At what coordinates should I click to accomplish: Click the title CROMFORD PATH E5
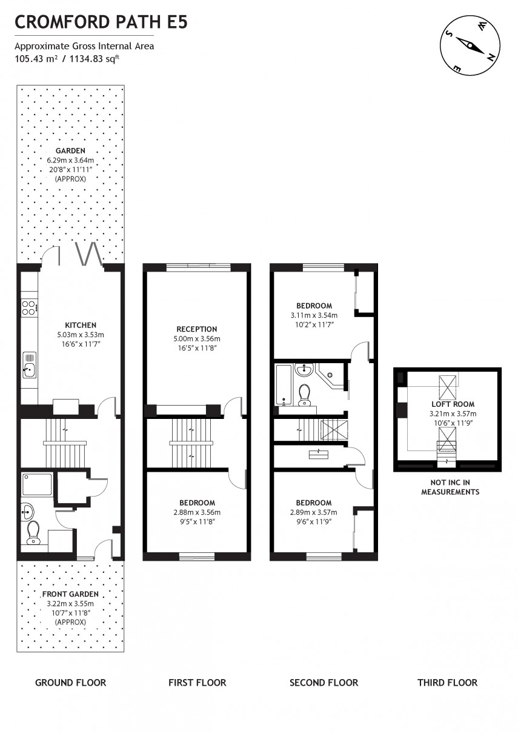tap(101, 22)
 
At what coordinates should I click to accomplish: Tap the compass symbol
tap(470, 44)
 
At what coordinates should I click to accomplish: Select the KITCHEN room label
tap(81, 325)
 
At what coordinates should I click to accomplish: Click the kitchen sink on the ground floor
tap(29, 366)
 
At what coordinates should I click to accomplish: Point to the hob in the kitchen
tap(28, 307)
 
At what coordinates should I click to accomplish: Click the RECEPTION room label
tap(197, 329)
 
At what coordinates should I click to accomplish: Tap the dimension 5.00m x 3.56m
tap(197, 339)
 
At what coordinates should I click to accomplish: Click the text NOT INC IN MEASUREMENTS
tap(450, 487)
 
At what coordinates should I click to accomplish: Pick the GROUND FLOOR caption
tap(70, 682)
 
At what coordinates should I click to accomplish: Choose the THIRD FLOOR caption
tap(447, 682)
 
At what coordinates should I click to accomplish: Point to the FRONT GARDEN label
tap(70, 594)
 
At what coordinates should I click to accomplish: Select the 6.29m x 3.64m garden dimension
tap(70, 161)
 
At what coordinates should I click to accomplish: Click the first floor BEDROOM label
tap(197, 503)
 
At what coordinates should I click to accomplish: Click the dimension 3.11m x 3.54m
tap(314, 315)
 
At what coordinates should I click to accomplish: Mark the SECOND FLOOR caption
tap(324, 682)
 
